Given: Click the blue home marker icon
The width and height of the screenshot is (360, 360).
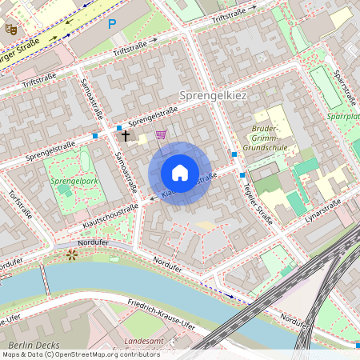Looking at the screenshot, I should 180,172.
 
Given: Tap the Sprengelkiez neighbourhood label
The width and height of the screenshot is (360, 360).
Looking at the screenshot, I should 214,95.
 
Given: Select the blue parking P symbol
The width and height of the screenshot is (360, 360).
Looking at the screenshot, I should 112,24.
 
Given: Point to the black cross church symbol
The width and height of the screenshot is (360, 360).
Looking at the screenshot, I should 126,136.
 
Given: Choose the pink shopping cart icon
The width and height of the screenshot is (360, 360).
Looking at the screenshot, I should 160,134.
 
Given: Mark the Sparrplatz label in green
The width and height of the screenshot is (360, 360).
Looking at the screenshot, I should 344,117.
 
